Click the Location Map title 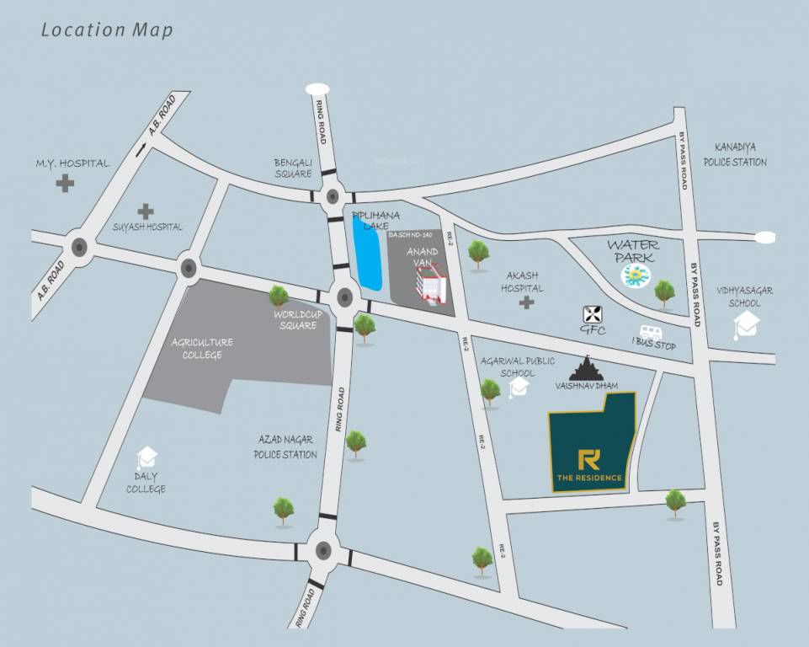(107, 30)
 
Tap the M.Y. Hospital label (72, 163)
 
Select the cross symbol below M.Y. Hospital (65, 183)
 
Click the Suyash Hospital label (147, 227)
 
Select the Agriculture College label (202, 348)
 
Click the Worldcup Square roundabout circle (344, 297)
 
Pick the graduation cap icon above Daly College (147, 457)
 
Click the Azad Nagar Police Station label (285, 447)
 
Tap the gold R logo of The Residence (589, 460)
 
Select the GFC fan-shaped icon (593, 314)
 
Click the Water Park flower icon (636, 275)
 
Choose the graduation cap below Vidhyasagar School (746, 323)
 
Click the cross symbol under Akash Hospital (527, 302)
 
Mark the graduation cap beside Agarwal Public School (518, 387)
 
